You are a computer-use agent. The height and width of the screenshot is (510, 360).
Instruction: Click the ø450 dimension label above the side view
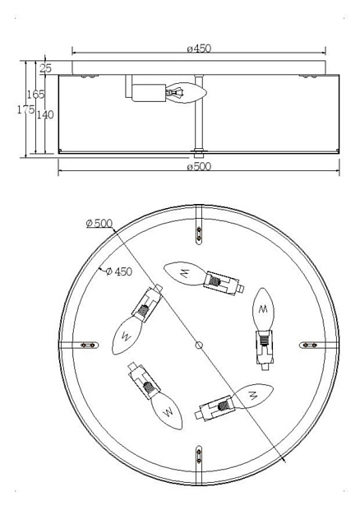(199, 49)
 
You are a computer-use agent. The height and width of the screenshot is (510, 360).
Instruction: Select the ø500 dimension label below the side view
(199, 166)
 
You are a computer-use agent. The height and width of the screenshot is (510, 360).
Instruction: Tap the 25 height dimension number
(46, 68)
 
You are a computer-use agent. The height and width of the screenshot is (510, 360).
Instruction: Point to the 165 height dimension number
(35, 95)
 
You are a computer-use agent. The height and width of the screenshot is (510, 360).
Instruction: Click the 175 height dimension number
(25, 109)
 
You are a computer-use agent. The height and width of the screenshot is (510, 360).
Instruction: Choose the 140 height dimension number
(45, 114)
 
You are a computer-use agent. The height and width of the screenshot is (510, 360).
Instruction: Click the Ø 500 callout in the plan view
(99, 224)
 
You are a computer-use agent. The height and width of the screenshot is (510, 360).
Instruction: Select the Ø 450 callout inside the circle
(119, 271)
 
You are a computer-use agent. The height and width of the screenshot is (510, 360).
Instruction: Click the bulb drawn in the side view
(187, 93)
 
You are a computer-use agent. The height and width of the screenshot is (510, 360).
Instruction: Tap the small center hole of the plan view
(199, 345)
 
